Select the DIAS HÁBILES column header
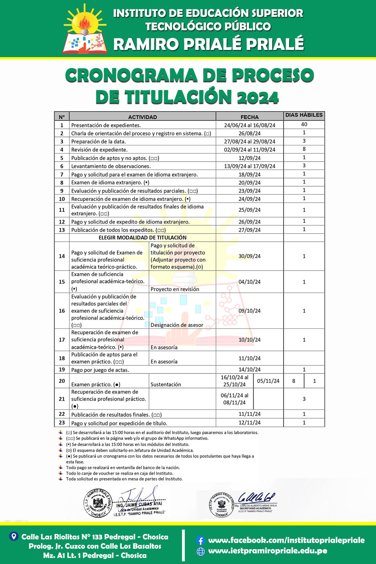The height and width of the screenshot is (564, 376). pyautogui.click(x=304, y=115)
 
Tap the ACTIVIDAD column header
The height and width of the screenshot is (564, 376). pyautogui.click(x=142, y=117)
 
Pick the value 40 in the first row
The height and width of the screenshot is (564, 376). pyautogui.click(x=304, y=124)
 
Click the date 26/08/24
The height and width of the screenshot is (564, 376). pyautogui.click(x=250, y=134)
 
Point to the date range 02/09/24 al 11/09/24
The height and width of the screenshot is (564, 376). pyautogui.click(x=250, y=150)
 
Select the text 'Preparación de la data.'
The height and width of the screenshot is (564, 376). pyautogui.click(x=98, y=142)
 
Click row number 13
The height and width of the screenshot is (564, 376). pyautogui.click(x=62, y=230)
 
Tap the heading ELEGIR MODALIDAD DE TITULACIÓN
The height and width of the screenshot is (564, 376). pyautogui.click(x=142, y=238)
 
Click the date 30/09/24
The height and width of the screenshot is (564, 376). pyautogui.click(x=250, y=256)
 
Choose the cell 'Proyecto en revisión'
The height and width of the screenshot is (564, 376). pyautogui.click(x=175, y=289)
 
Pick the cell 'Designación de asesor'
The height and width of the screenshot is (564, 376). pyautogui.click(x=177, y=325)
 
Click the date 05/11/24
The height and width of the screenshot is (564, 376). pyautogui.click(x=268, y=381)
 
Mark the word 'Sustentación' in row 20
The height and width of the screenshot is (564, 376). pyautogui.click(x=166, y=384)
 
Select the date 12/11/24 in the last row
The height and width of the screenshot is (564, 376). pyautogui.click(x=250, y=422)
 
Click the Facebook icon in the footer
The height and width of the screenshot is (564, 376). pyautogui.click(x=201, y=540)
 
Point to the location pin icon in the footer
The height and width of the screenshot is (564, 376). pyautogui.click(x=14, y=536)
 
